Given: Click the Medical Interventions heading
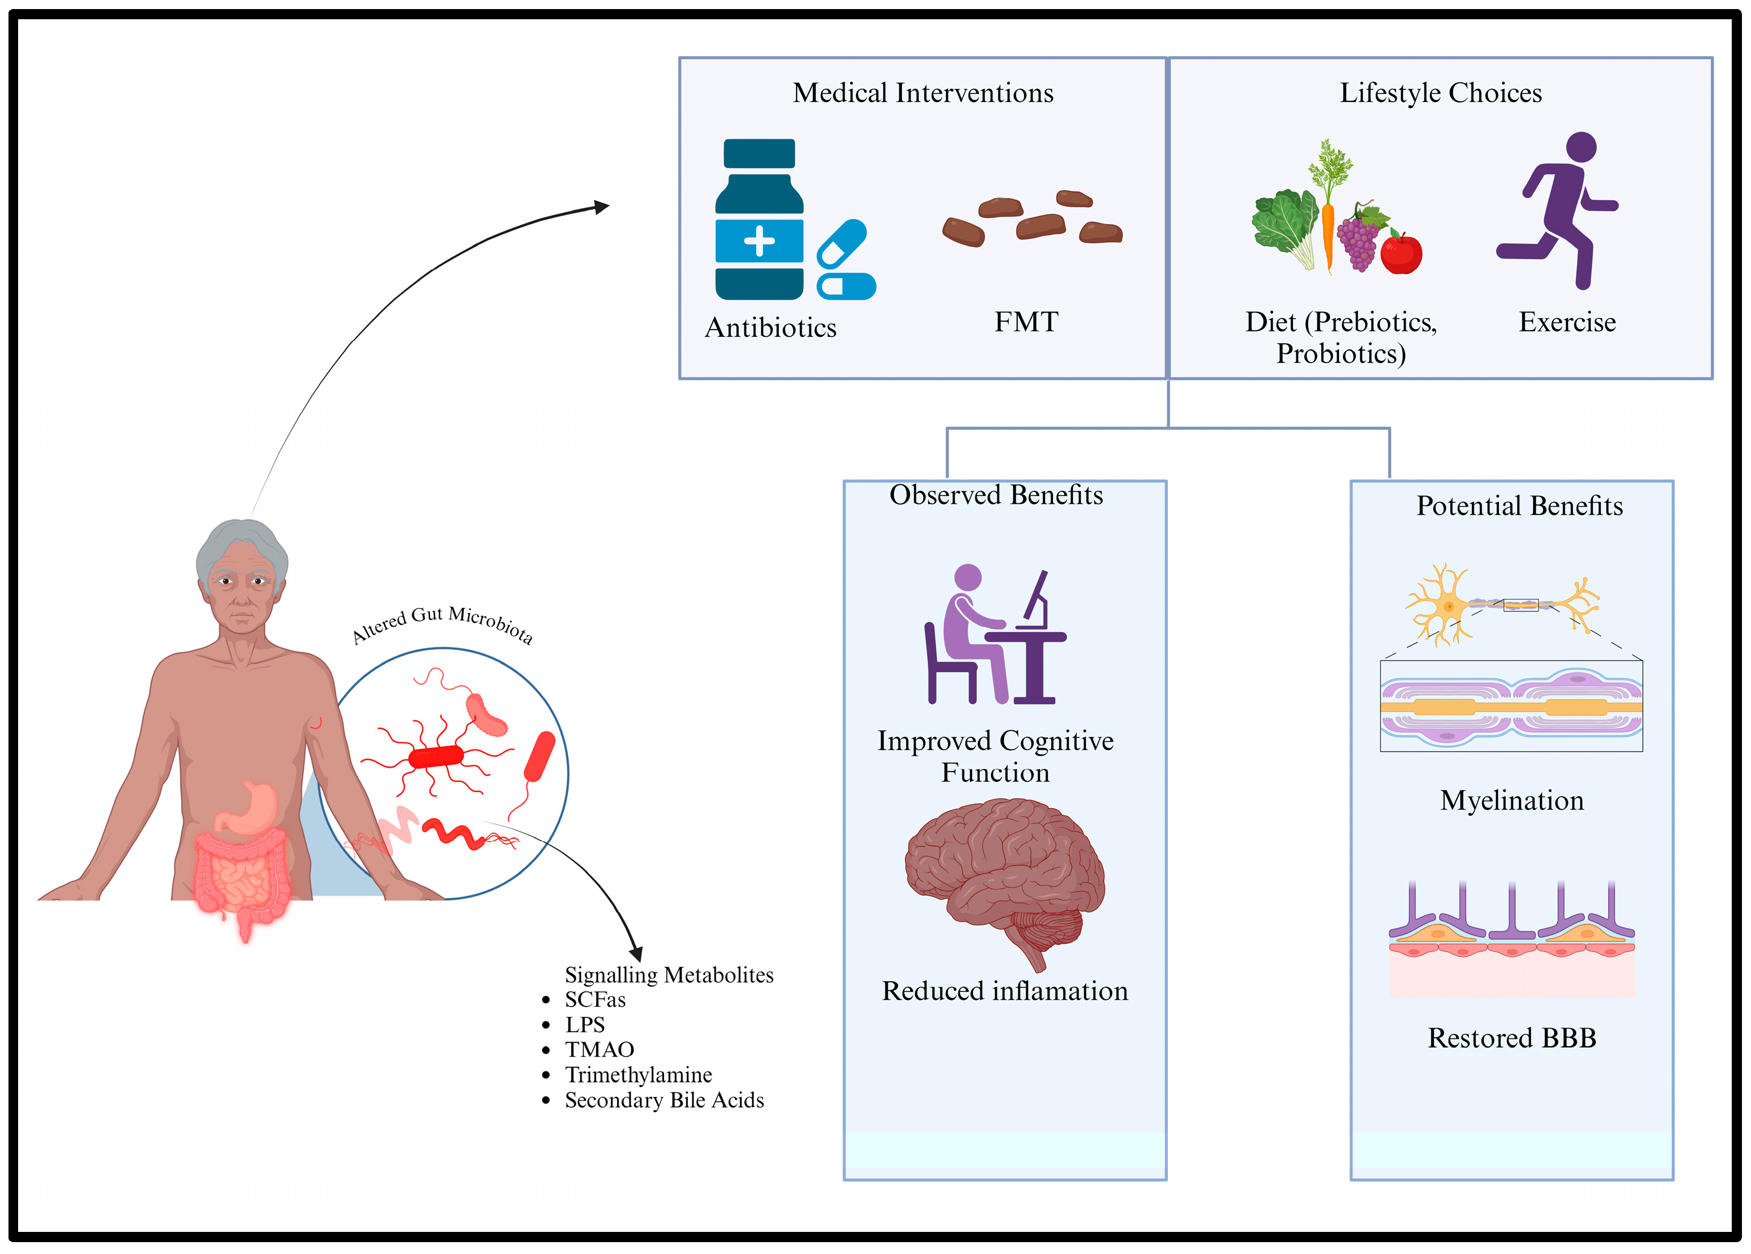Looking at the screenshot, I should pos(923,93).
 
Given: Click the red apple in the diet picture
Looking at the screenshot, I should pos(1401,253).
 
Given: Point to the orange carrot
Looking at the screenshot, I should pos(1328,232).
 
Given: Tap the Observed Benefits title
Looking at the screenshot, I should pos(996,495).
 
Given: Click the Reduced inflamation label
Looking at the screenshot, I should pos(1004,991).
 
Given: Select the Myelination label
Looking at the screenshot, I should pos(1511,801).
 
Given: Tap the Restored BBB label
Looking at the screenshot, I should pos(1511,1038).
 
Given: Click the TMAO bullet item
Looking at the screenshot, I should pos(599,1050).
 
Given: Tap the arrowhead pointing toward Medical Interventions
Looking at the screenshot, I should pos(602,207).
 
